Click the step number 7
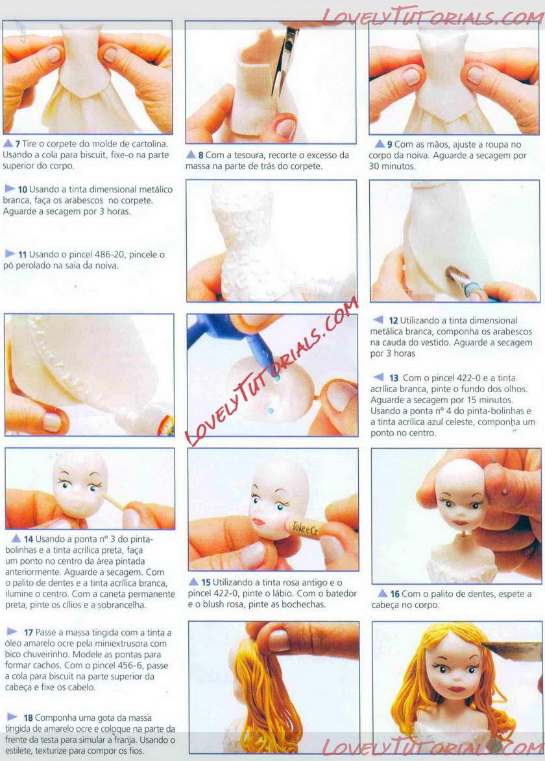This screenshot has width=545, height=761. (x=18, y=144)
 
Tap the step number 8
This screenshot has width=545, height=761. (x=200, y=156)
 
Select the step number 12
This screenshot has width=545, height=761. (x=393, y=321)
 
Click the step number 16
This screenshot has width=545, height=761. (x=395, y=594)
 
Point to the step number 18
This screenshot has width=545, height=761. (x=28, y=718)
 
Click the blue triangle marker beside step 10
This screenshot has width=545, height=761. (x=10, y=189)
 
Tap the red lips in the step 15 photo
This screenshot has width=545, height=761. (x=258, y=522)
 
